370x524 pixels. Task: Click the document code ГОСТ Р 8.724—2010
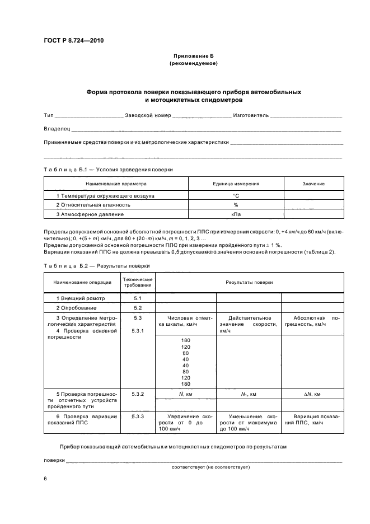tap(73, 40)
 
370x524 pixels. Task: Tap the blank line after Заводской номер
tap(202, 116)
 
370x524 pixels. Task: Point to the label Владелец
tap(57, 129)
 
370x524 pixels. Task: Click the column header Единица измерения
tap(236, 184)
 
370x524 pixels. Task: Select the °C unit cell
tap(236, 196)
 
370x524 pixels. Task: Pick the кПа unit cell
tap(236, 214)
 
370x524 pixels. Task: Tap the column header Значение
tap(313, 184)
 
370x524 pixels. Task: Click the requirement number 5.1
tap(138, 298)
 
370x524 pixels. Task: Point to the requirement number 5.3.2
tap(138, 394)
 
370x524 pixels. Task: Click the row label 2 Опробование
tap(77, 308)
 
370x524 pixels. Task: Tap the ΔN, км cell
tap(312, 395)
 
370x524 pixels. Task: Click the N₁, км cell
tap(248, 395)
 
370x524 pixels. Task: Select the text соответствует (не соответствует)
tap(210, 466)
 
